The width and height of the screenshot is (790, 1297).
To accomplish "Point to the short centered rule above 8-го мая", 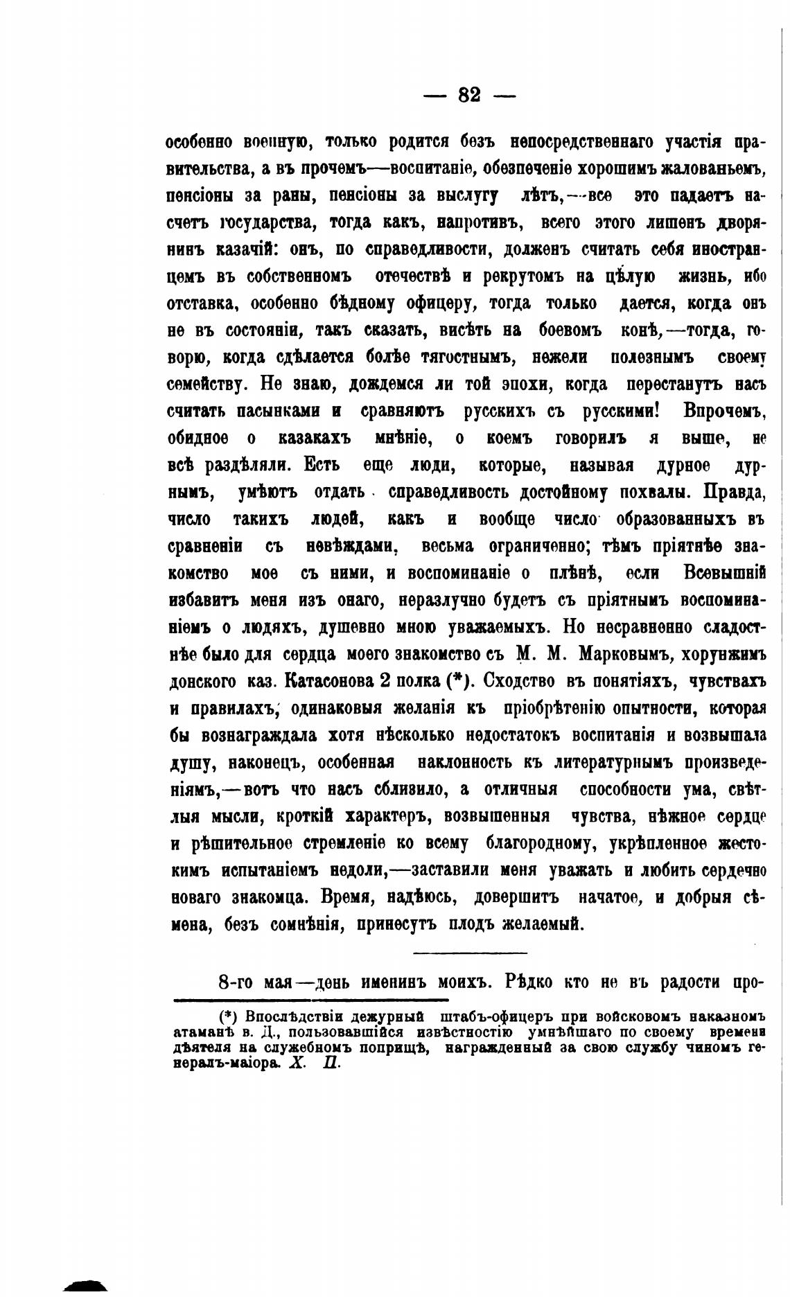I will [470, 954].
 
